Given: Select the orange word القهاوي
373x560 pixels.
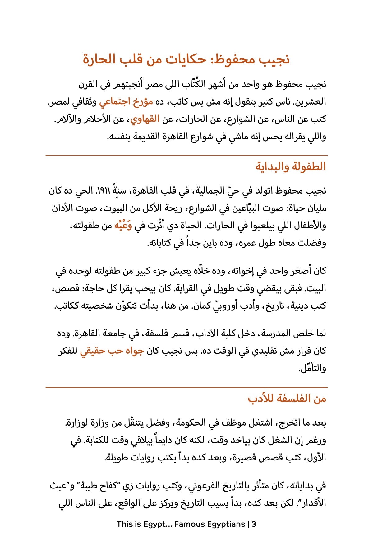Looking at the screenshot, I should tap(145, 119).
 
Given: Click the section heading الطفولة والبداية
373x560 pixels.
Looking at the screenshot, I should tap(291, 166).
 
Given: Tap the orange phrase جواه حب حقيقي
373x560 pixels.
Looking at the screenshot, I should tap(112, 351).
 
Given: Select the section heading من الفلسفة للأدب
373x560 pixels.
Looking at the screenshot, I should tap(287, 399).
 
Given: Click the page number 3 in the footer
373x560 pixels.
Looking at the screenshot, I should tap(254, 524).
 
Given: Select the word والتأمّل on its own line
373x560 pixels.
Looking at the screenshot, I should tap(312, 369).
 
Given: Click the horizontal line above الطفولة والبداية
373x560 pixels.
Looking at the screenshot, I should tap(186, 155).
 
